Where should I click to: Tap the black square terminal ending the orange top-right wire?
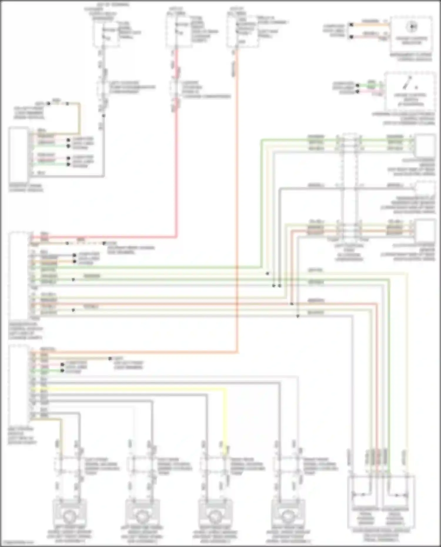pos(351,25)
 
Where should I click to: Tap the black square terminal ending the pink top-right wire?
pos(351,37)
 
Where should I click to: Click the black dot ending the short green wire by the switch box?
pos(358,86)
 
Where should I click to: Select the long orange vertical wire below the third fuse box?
pos(237,206)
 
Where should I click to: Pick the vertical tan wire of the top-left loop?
pos(79,118)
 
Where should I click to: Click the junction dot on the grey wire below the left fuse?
pos(103,116)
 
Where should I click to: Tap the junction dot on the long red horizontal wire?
pos(292,304)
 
